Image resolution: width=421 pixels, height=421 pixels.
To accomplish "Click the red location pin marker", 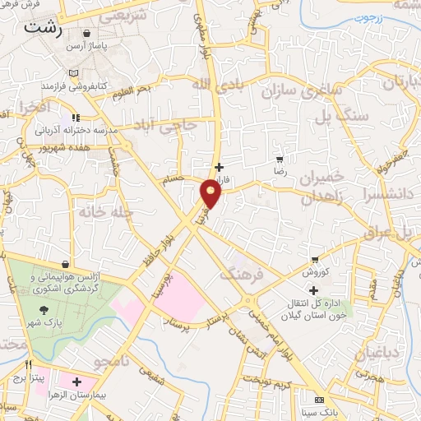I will [x=211, y=194].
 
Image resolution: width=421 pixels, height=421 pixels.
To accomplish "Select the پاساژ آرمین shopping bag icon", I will [x=86, y=34].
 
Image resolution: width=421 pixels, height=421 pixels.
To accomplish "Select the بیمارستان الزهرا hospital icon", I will [x=78, y=382].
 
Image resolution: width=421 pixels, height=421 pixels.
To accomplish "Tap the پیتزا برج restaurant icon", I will [x=29, y=365].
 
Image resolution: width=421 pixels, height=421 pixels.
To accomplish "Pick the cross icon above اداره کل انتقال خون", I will [x=313, y=289].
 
